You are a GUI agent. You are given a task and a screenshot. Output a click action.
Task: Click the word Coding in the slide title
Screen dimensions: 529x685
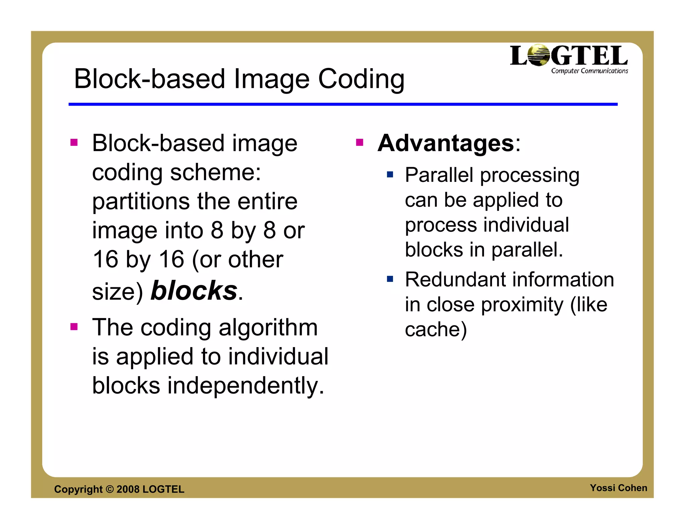coord(361,80)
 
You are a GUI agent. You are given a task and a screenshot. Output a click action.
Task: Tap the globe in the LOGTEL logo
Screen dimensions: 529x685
coord(539,55)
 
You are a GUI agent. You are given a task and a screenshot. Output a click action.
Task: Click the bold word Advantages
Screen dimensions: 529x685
coord(446,143)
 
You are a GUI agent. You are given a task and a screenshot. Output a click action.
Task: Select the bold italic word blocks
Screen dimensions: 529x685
coord(194,290)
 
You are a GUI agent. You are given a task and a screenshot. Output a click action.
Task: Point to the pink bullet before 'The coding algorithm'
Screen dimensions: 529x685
coord(74,326)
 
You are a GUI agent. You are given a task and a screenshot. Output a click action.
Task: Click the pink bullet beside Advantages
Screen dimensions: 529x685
coord(360,142)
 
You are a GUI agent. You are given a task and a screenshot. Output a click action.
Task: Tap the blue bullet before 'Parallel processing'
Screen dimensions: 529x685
coord(390,174)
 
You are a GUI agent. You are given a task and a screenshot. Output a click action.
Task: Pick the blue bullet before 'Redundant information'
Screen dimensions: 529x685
coord(390,279)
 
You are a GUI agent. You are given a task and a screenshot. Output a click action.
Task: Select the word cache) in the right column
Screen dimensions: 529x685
coord(435,330)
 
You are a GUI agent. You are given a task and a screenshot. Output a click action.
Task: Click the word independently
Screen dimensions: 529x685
coord(246,386)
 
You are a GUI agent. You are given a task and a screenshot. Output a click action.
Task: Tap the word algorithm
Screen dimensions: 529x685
coord(268,328)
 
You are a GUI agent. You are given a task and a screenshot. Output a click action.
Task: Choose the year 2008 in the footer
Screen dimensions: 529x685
coord(128,489)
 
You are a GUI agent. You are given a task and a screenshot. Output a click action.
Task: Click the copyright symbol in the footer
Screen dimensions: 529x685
coord(110,489)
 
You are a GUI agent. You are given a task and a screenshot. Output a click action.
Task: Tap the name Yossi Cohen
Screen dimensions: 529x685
coord(618,488)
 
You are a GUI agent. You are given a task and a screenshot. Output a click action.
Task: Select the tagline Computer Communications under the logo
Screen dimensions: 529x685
coord(589,71)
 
